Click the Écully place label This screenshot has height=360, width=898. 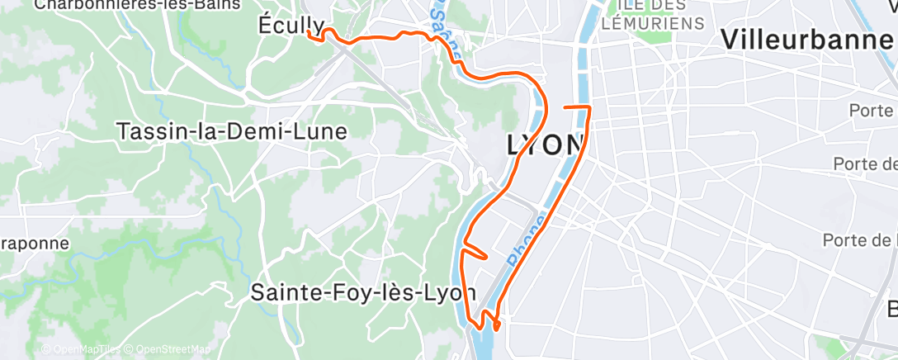pyautogui.click(x=291, y=24)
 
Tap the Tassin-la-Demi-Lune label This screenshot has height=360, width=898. pyautogui.click(x=232, y=131)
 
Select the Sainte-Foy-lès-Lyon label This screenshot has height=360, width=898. pyautogui.click(x=363, y=292)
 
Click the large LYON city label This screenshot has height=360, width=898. pyautogui.click(x=545, y=144)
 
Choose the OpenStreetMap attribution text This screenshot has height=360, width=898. pyautogui.click(x=173, y=349)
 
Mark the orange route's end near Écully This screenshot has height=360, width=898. pyautogui.click(x=308, y=32)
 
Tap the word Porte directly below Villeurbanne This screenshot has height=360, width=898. pyautogui.click(x=873, y=111)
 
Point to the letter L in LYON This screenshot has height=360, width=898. pyautogui.click(x=516, y=144)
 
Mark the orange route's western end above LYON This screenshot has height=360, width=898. pyautogui.click(x=564, y=108)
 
